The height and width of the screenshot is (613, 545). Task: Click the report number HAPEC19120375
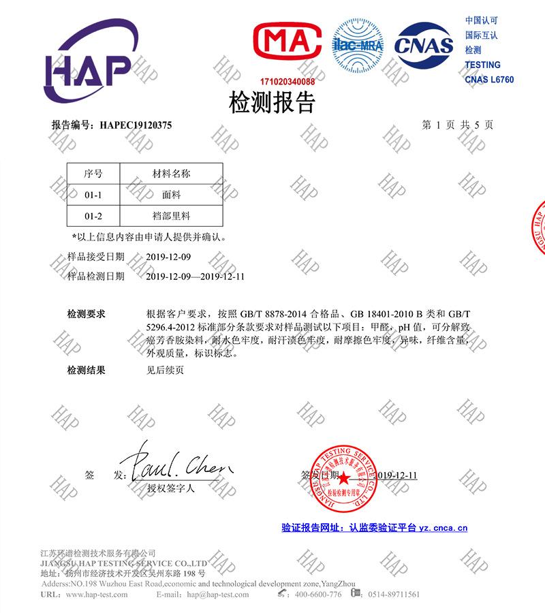click(x=136, y=125)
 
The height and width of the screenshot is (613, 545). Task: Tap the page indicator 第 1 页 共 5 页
click(x=458, y=125)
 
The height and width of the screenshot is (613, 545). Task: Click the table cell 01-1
click(x=93, y=195)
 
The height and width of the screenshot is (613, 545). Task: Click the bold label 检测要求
click(x=86, y=314)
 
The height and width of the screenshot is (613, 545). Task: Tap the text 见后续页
click(x=165, y=371)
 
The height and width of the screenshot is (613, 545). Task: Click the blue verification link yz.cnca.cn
click(x=443, y=527)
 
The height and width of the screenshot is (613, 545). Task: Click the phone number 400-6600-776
click(x=317, y=595)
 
